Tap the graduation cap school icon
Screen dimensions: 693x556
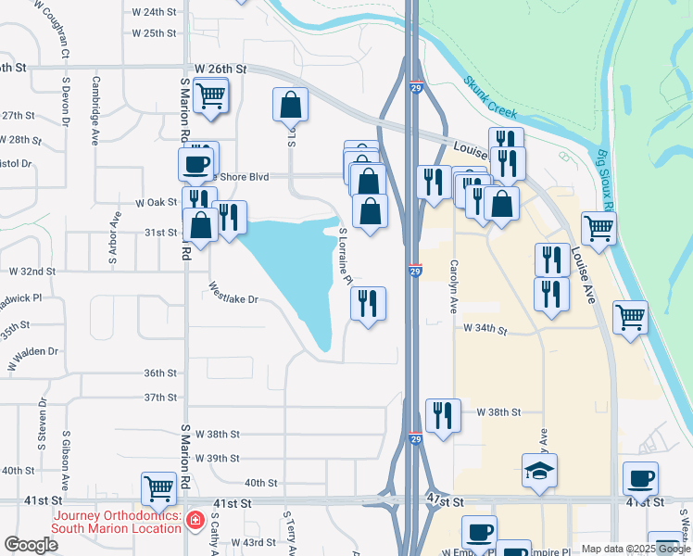(x=539, y=470)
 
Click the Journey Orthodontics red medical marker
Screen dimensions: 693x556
(x=195, y=522)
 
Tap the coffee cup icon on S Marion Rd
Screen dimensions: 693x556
(x=195, y=164)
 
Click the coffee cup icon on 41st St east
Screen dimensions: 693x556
(x=640, y=478)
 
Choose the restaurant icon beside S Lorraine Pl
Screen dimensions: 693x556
(x=368, y=303)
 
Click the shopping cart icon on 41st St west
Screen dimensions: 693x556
(x=158, y=487)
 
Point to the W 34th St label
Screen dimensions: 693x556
(x=486, y=329)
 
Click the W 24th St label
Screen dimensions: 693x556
(x=154, y=12)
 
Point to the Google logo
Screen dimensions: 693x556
(x=31, y=544)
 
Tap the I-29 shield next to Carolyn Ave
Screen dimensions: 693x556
(x=415, y=271)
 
